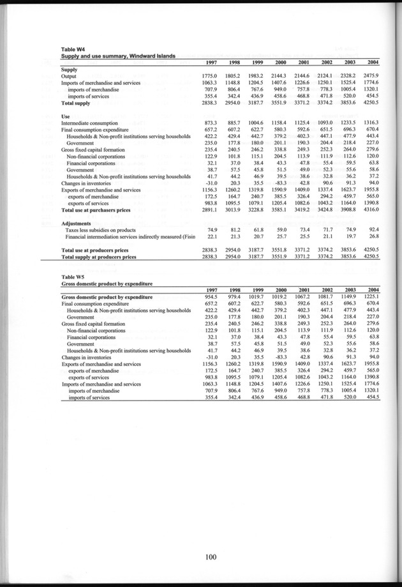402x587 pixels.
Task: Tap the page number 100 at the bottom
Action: (211, 557)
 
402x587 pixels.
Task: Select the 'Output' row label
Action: (69, 76)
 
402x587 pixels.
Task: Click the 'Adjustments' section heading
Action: (78, 223)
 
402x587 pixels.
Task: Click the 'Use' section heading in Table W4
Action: (65, 116)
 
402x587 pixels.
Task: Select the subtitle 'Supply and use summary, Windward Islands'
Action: (114, 56)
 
